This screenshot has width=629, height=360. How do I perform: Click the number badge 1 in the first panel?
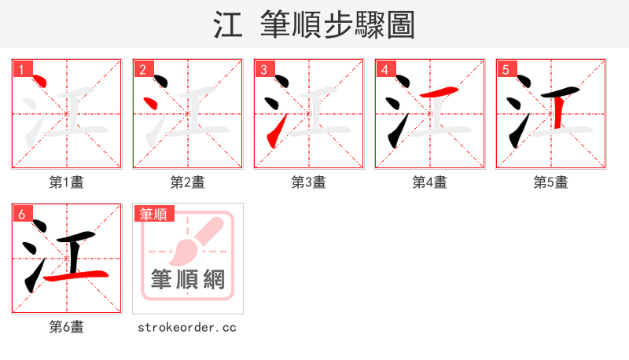(21, 69)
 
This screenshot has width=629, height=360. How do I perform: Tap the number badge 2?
(142, 69)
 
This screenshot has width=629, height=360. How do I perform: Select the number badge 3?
(263, 69)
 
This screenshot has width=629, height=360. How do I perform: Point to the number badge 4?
(384, 69)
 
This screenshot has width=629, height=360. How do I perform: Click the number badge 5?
(506, 69)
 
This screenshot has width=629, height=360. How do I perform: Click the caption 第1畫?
(67, 182)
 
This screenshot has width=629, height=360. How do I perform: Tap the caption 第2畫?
(188, 182)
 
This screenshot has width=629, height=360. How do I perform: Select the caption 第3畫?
(309, 182)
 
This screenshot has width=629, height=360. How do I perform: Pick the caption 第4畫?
(430, 182)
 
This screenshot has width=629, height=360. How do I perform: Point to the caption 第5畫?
(551, 182)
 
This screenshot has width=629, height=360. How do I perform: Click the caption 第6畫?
(67, 327)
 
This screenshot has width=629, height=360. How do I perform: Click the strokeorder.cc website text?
(187, 327)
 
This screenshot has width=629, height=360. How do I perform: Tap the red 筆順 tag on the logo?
(154, 214)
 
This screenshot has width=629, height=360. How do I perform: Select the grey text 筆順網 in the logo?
(188, 279)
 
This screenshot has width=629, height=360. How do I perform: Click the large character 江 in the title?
(228, 25)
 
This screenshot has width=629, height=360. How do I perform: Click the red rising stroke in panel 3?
(274, 134)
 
